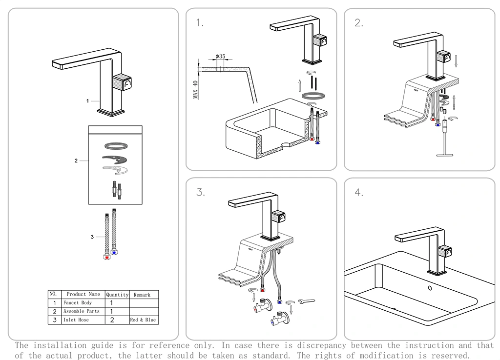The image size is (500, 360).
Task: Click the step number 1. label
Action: pyautogui.click(x=199, y=23)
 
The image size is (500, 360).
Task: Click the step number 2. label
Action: pyautogui.click(x=359, y=23)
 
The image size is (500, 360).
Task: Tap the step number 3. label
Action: pyautogui.click(x=200, y=192)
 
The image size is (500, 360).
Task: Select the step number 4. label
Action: pyautogui.click(x=359, y=193)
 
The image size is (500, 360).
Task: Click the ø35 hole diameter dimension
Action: pyautogui.click(x=220, y=57)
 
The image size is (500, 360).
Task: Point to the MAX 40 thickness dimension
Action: pyautogui.click(x=195, y=90)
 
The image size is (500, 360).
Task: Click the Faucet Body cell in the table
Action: pyautogui.click(x=78, y=303)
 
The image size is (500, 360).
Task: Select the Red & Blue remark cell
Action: pyautogui.click(x=143, y=320)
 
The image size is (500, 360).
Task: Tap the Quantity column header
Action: pyautogui.click(x=117, y=295)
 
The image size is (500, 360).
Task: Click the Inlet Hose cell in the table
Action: pyautogui.click(x=76, y=320)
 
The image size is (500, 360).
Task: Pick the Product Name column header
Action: pyautogui.click(x=83, y=294)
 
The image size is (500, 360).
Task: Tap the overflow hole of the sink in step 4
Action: pyautogui.click(x=430, y=287)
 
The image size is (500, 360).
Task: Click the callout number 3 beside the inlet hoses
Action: pyautogui.click(x=92, y=237)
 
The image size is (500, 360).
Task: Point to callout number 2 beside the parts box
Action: pyautogui.click(x=76, y=160)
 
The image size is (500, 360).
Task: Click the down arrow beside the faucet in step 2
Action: pyautogui.click(x=456, y=61)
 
